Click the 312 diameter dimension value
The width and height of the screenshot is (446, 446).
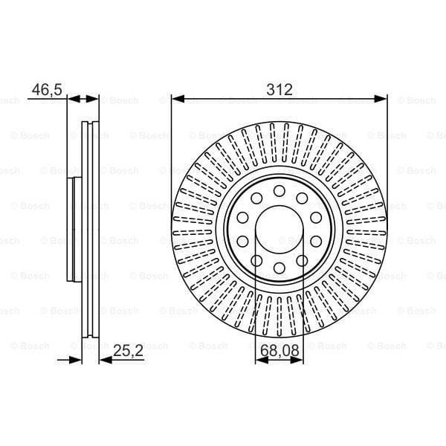279,90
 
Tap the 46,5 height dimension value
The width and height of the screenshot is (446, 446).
45,90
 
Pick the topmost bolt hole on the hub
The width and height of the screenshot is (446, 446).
279,191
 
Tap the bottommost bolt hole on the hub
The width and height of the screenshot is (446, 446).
279,268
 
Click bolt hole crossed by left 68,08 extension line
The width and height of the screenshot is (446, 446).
256,260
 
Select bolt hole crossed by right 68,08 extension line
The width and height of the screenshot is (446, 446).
303,260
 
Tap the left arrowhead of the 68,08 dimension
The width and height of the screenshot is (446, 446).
260,360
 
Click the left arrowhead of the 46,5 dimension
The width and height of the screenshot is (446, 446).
73,97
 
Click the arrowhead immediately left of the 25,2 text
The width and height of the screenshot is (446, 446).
104,360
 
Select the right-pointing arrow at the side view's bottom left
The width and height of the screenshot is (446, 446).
74,360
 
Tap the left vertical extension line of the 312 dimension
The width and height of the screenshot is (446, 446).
172,149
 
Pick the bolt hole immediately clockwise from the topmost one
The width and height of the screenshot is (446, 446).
303,198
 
